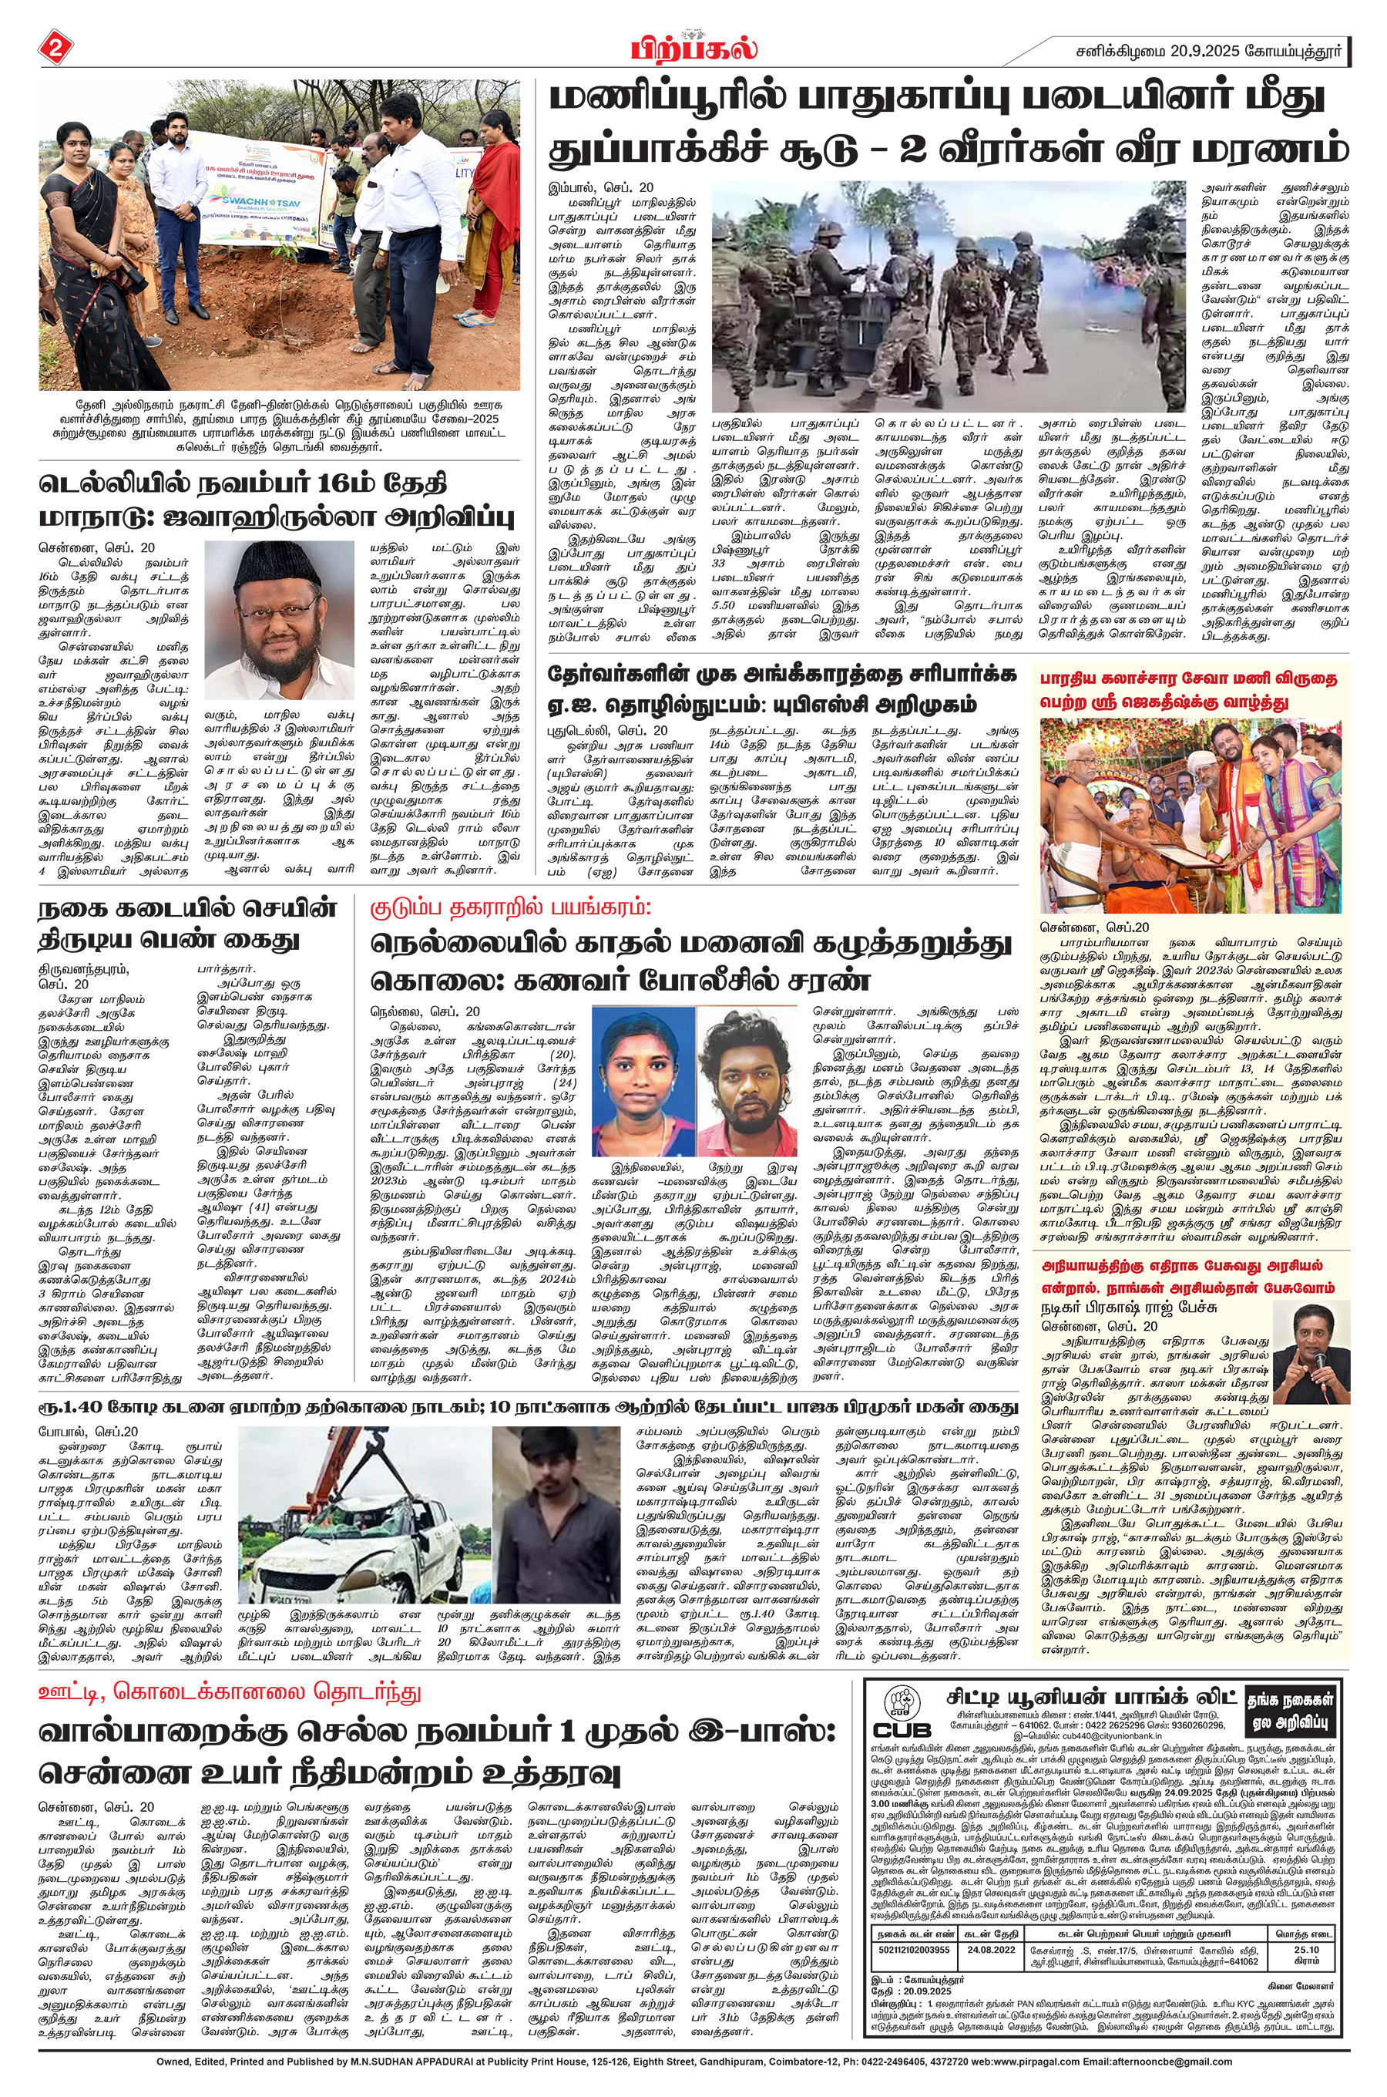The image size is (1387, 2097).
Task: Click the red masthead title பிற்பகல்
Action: pos(693,47)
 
